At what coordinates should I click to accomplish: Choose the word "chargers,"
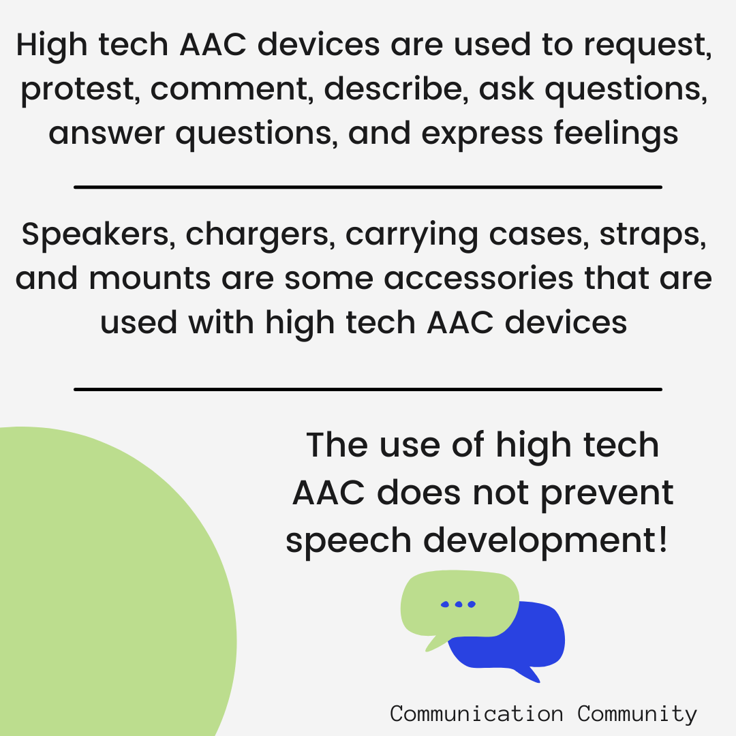pos(260,235)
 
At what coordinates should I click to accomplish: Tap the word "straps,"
pos(653,235)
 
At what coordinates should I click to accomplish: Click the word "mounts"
pos(150,279)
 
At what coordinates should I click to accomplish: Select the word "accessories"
pos(479,279)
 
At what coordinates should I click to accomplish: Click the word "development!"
pos(545,541)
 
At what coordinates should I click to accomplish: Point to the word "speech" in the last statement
pos(349,541)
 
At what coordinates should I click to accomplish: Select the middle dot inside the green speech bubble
pos(459,604)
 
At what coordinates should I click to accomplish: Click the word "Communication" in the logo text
pos(476,714)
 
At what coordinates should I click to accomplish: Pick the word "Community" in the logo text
pos(637,715)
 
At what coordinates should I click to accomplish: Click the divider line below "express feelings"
pos(368,187)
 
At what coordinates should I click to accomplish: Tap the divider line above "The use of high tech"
pos(368,389)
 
